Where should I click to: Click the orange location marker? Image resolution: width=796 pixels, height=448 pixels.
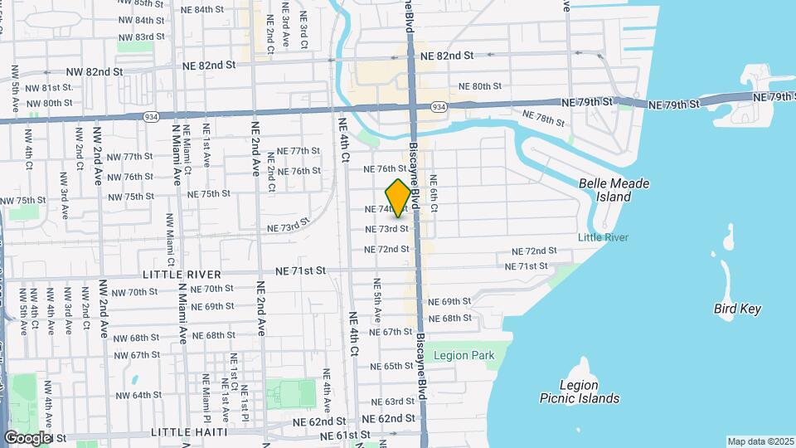pyautogui.click(x=398, y=198)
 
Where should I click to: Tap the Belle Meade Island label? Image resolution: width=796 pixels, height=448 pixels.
pyautogui.click(x=614, y=190)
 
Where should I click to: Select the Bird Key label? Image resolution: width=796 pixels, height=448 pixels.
pyautogui.click(x=737, y=309)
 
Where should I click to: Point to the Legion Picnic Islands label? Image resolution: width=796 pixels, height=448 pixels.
pyautogui.click(x=590, y=392)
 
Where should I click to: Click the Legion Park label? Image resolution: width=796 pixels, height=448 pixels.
pyautogui.click(x=464, y=356)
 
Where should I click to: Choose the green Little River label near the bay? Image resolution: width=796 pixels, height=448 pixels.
pyautogui.click(x=603, y=238)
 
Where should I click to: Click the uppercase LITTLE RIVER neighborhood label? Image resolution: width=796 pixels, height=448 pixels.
pyautogui.click(x=182, y=275)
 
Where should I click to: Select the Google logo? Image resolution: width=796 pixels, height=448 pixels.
pyautogui.click(x=28, y=437)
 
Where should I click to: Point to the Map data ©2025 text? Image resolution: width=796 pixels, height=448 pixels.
pyautogui.click(x=760, y=441)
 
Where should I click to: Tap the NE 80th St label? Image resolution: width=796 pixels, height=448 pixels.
pyautogui.click(x=480, y=86)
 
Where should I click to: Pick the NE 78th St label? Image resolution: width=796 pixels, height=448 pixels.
pyautogui.click(x=543, y=119)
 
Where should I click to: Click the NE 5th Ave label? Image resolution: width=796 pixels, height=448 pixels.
pyautogui.click(x=377, y=304)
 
